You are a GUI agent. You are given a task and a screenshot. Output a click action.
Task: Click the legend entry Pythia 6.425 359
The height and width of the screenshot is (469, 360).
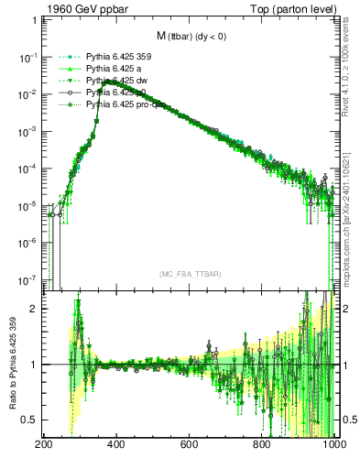click(x=118, y=57)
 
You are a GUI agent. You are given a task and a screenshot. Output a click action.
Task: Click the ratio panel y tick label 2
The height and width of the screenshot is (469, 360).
click(x=34, y=309)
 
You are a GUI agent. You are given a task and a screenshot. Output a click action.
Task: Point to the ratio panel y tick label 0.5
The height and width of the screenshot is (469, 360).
click(x=30, y=420)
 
